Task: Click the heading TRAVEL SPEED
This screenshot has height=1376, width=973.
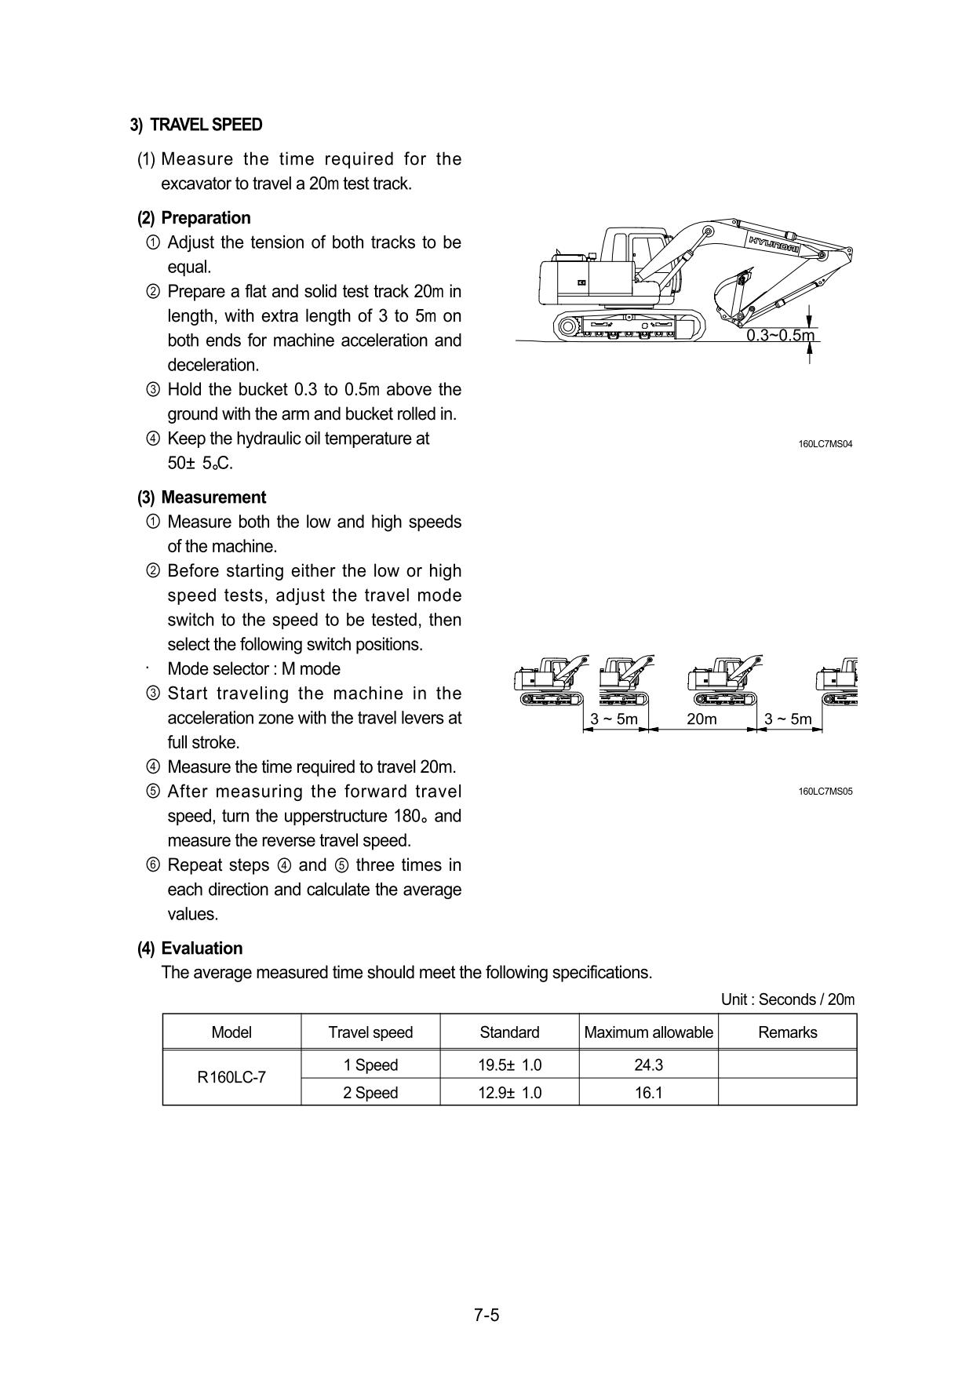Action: [x=206, y=125]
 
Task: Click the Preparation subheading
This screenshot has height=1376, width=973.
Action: [x=206, y=218]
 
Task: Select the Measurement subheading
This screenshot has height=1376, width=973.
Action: [x=213, y=497]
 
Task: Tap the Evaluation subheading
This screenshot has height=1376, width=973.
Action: [x=202, y=948]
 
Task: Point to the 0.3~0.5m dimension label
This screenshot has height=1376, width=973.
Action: [x=780, y=336]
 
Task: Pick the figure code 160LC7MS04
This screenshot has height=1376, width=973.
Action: [x=825, y=444]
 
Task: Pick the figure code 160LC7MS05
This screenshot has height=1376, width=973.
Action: [x=825, y=792]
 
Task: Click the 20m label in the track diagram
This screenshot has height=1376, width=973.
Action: [x=702, y=719]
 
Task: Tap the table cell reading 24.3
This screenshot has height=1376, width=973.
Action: [x=649, y=1065]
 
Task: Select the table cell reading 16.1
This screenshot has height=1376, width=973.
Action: [x=649, y=1093]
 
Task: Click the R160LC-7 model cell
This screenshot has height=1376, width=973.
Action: [x=231, y=1078]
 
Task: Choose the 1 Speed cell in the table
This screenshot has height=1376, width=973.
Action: [x=370, y=1065]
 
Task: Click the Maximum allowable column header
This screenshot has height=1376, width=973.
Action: [x=649, y=1032]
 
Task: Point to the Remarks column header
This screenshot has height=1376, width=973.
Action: [x=787, y=1032]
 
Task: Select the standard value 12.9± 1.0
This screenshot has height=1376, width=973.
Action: [x=509, y=1093]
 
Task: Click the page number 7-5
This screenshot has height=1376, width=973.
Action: [x=486, y=1315]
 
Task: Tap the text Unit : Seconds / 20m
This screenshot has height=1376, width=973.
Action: [x=788, y=999]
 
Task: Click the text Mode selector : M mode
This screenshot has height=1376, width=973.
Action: [x=253, y=669]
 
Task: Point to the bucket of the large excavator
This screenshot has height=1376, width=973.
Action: [x=730, y=294]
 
